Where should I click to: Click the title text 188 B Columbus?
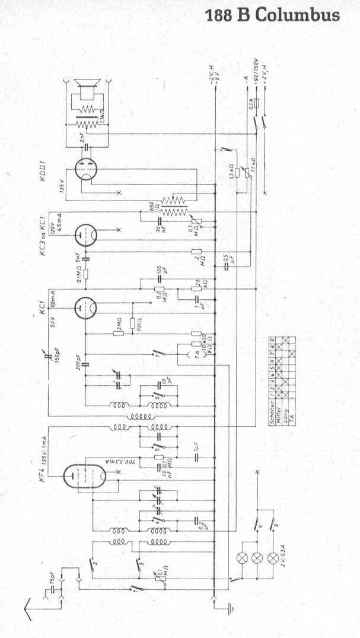pos(272,15)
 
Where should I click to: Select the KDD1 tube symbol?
pos(87,170)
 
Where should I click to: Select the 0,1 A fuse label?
pos(251,106)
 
